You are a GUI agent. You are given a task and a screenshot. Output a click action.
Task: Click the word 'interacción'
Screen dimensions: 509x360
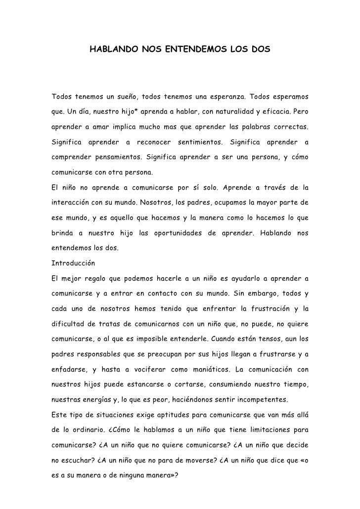coord(71,202)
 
